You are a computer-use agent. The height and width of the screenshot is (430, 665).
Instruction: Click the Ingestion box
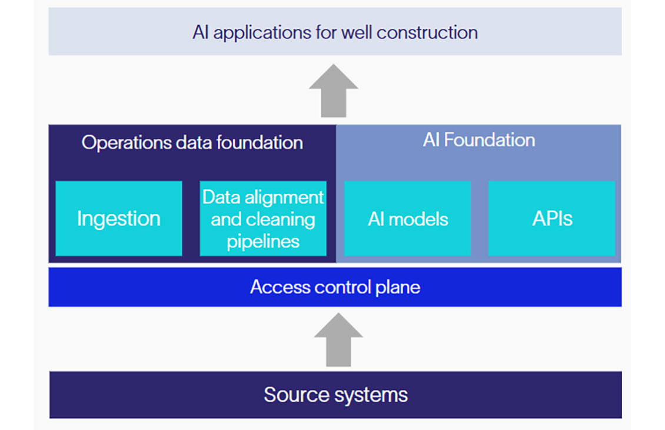[118, 219]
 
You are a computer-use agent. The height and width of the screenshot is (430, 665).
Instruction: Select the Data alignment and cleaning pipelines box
[263, 219]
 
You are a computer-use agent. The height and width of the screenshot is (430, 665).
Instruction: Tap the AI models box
[407, 219]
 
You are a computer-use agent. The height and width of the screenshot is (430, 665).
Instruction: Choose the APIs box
[552, 219]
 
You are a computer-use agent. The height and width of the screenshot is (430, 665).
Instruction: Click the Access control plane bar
[335, 287]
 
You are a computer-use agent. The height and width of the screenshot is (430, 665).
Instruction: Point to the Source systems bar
[335, 394]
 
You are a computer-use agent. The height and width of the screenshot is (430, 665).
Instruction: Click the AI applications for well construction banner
[335, 32]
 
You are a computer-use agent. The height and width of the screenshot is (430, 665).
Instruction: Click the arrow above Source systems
[338, 339]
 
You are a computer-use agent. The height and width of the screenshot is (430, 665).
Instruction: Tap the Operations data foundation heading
[192, 143]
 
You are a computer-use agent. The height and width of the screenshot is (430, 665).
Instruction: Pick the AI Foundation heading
[478, 140]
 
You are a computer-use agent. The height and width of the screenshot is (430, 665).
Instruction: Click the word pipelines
[263, 242]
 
